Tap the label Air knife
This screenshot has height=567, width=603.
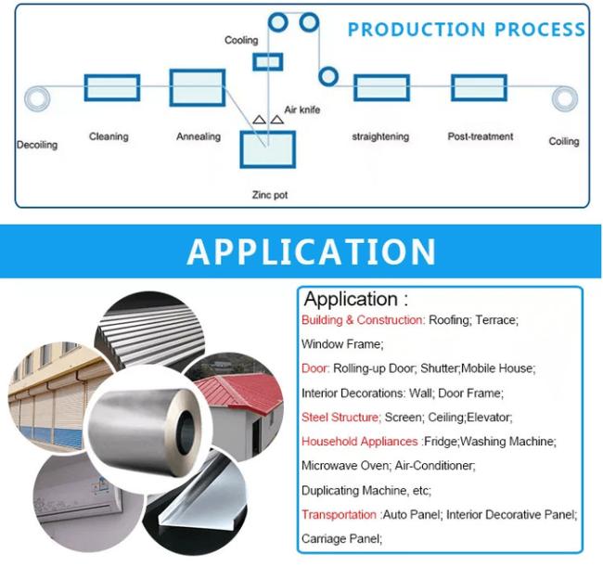coord(302,110)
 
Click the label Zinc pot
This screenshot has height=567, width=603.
coord(270,195)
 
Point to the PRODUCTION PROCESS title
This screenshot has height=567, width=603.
coord(466,30)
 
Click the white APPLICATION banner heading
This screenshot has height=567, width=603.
coord(311,251)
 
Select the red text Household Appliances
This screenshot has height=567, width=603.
coord(360,441)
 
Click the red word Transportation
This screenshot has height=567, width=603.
coord(339,514)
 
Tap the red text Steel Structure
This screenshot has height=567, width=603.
coord(340,417)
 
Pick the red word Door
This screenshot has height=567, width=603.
coord(315,368)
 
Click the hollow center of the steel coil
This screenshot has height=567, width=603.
coord(187,428)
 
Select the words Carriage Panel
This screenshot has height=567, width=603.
coord(341,539)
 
